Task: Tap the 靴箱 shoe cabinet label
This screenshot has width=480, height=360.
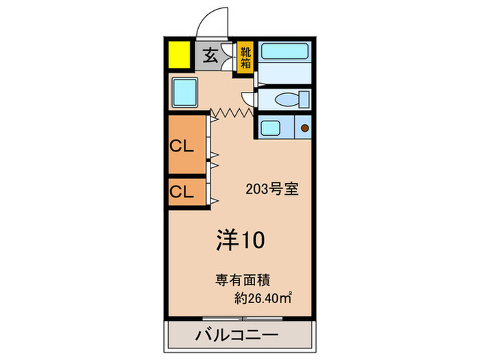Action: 245,57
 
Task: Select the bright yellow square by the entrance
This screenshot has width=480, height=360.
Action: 180,55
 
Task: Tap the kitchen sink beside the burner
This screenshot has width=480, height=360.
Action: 271,127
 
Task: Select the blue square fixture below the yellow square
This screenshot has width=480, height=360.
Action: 185,91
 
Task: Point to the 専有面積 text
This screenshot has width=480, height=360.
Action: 243,279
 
